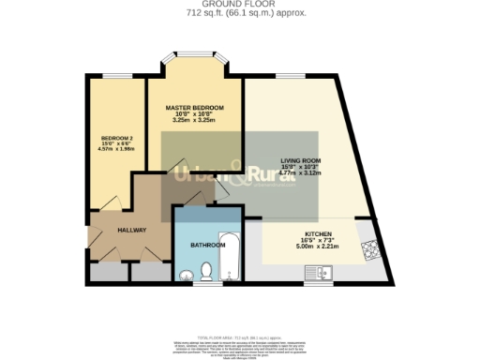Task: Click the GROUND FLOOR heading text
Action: pos(240,4)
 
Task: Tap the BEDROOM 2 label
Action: pos(117,139)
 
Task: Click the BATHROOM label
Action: pos(207,245)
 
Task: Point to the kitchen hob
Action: pos(368,249)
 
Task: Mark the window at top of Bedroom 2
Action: pos(116,75)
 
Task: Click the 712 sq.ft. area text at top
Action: pos(240,13)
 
